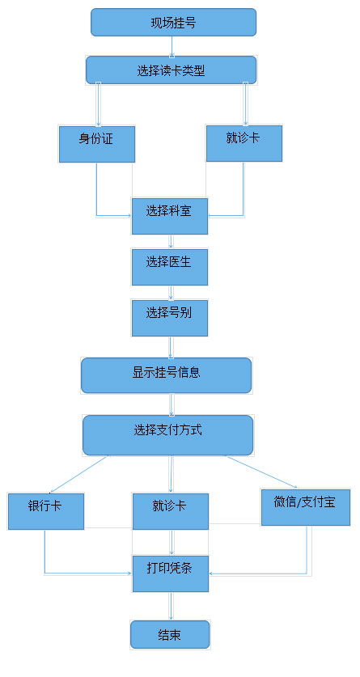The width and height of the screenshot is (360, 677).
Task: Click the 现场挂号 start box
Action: coord(173,22)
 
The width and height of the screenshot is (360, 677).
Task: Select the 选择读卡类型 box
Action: coord(171,70)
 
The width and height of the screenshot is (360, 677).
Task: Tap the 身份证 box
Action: coord(97,144)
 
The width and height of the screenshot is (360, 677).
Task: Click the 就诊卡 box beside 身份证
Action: coord(244,143)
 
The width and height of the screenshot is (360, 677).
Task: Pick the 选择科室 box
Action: coord(170,216)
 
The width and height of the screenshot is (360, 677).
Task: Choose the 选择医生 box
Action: coord(170,267)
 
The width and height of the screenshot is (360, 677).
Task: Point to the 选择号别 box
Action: coord(170,318)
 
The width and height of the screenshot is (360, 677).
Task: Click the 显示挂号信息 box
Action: coord(166,375)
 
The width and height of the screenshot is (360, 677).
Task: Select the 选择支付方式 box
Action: coord(168,435)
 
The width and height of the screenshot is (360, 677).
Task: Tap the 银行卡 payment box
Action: coord(46,511)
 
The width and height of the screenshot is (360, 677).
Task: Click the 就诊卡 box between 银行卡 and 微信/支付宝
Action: coord(171,511)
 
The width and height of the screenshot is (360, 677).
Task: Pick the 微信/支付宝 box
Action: coord(306,507)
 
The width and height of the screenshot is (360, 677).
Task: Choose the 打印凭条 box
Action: coord(171,573)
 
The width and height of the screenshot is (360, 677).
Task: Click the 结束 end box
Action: coord(170,635)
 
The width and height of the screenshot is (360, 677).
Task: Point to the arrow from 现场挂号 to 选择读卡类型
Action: coord(172,46)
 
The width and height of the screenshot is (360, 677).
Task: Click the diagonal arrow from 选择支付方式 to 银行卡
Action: coord(79,474)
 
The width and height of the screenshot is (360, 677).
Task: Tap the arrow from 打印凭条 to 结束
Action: coord(171,606)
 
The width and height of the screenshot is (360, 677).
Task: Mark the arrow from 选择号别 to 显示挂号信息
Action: coord(171,347)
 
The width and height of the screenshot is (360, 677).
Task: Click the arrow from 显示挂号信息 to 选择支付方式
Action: coord(172,404)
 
